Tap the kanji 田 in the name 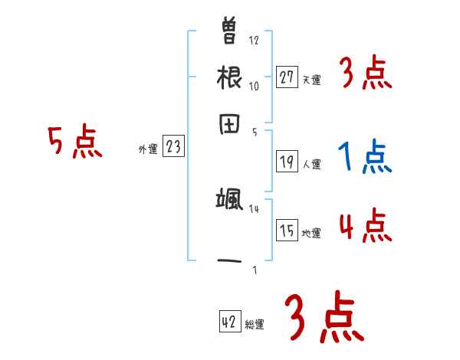[x=230, y=124]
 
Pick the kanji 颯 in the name [x=230, y=201]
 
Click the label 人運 [x=311, y=164]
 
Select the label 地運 [x=311, y=233]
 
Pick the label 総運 [x=255, y=325]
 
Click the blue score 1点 [x=365, y=157]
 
